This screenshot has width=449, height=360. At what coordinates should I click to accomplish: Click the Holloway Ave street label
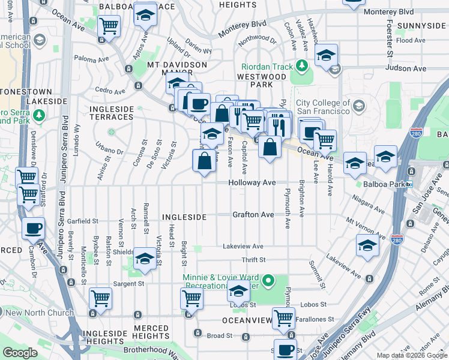click(252, 182)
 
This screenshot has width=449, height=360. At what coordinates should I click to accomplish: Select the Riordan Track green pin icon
click(303, 66)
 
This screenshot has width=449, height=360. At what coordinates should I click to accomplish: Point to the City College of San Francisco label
click(322, 107)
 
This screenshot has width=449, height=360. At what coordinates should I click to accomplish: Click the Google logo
click(20, 352)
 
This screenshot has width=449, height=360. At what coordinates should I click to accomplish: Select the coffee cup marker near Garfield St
click(34, 228)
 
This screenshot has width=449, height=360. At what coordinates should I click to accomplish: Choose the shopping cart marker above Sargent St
click(101, 298)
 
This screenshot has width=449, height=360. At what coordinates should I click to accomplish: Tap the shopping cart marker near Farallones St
click(283, 318)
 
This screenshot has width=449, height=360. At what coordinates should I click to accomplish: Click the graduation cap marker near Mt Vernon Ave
click(367, 245)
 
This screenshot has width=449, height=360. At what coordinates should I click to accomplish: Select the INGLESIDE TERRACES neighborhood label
click(110, 112)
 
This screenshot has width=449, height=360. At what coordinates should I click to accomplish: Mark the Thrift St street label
click(253, 260)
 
